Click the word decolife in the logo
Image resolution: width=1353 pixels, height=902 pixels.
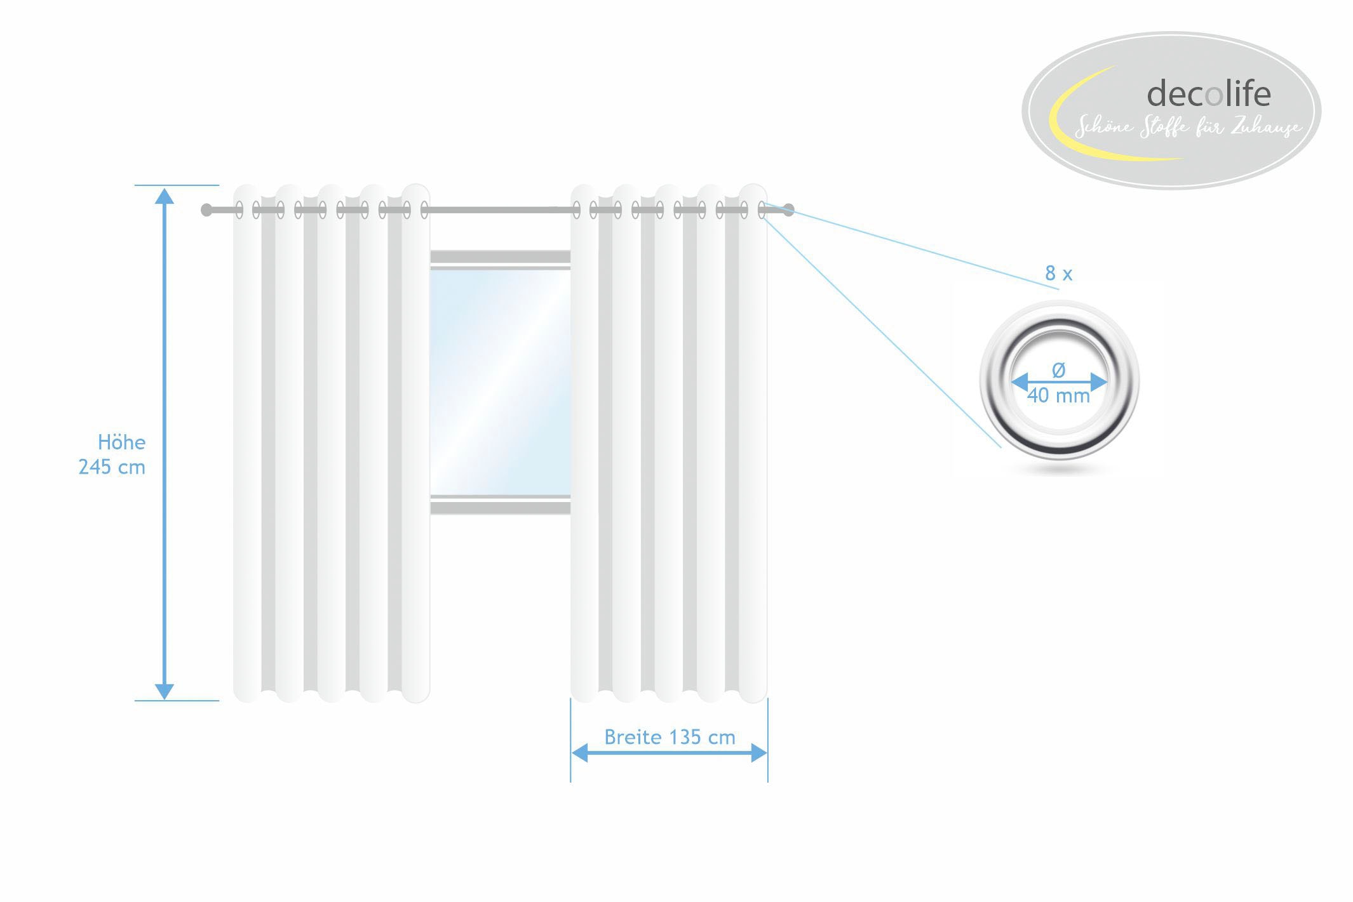[x=1208, y=94]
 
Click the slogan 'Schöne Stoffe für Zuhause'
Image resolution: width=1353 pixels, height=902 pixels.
[x=1187, y=127]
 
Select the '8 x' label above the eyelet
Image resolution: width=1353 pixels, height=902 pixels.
[x=1058, y=274]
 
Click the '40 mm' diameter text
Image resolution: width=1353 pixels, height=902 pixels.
[x=1058, y=396]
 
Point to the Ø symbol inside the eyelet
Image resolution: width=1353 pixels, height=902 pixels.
[x=1058, y=369]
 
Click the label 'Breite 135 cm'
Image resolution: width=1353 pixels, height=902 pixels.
[x=670, y=737]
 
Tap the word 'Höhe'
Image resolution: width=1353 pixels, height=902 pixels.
[x=121, y=442]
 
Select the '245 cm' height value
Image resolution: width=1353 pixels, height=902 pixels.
[x=112, y=467]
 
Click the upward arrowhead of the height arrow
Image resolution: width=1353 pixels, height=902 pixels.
[x=165, y=196]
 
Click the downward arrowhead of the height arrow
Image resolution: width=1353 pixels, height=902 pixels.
[x=165, y=691]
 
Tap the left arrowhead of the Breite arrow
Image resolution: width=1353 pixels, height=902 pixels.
[x=579, y=753]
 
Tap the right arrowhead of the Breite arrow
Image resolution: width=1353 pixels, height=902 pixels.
[x=759, y=753]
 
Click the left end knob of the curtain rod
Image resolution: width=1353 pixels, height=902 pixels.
[x=206, y=210]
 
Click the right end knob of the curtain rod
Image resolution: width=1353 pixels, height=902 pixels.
[x=788, y=210]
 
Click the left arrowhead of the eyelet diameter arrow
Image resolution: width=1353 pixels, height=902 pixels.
[x=1020, y=382]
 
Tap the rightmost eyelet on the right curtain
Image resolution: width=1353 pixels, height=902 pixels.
[x=762, y=210]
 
